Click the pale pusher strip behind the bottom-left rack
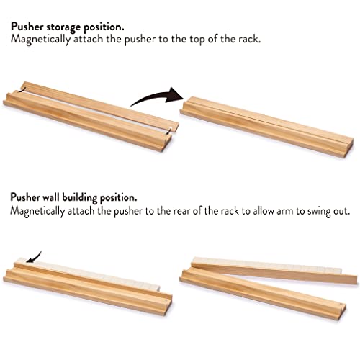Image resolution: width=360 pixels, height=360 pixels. pyautogui.click(x=94, y=272)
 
